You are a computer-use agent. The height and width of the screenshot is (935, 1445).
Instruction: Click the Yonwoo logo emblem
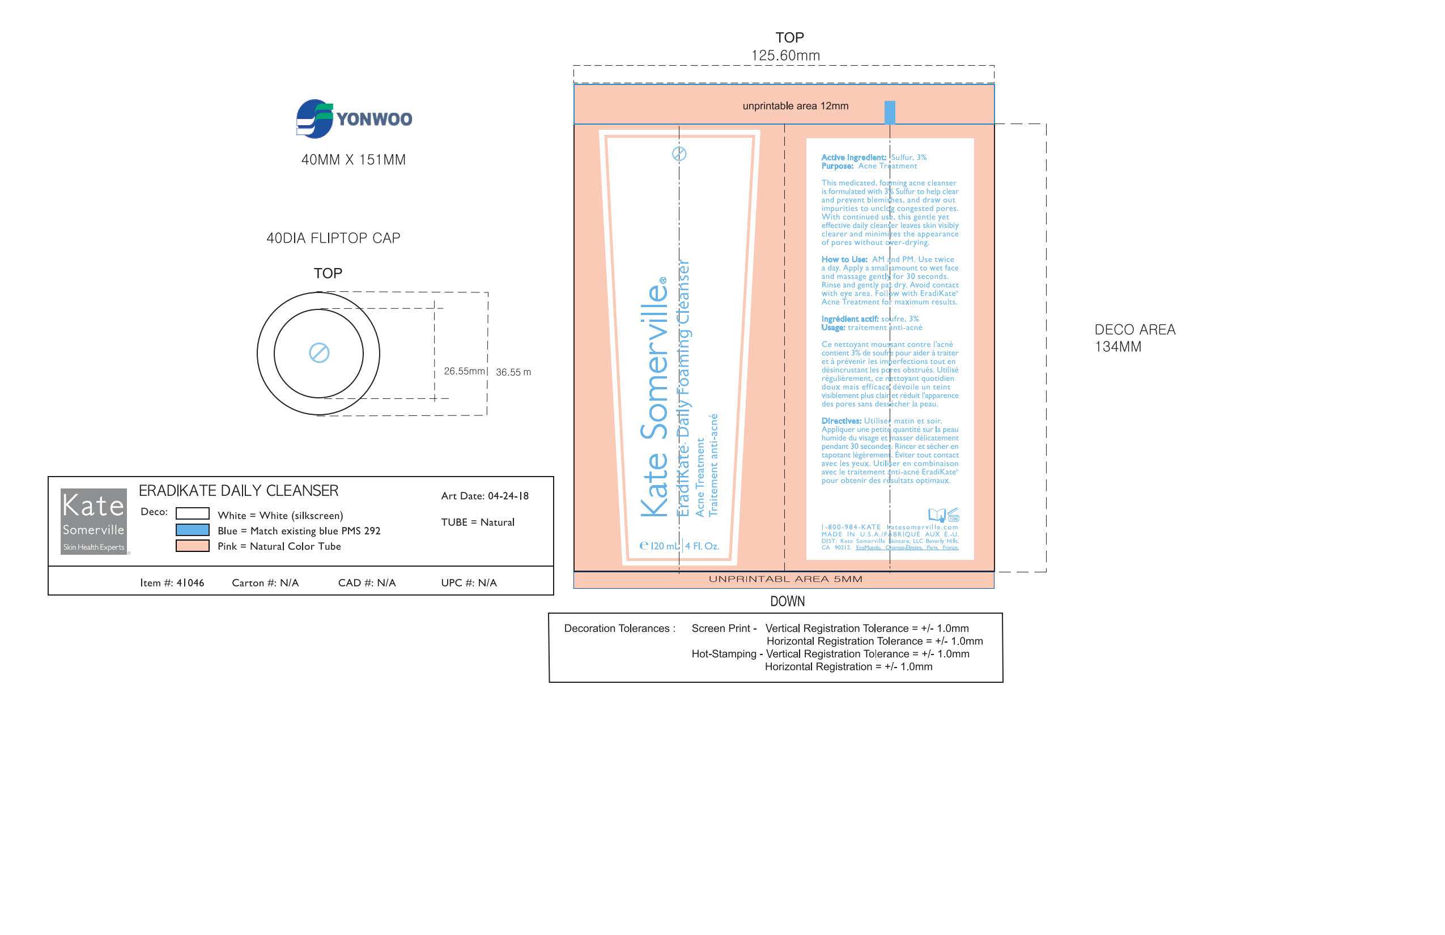[314, 118]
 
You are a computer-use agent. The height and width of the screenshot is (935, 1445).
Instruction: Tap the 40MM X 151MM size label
[354, 160]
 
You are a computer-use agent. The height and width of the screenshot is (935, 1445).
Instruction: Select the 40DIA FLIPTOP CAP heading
[333, 238]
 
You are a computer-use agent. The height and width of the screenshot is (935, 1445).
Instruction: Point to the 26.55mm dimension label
[465, 371]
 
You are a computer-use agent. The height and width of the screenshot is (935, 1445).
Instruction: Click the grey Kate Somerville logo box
[93, 521]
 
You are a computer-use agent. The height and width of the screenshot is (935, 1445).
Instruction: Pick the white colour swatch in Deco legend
[193, 513]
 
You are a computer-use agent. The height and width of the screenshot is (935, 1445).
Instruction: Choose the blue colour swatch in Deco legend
[193, 530]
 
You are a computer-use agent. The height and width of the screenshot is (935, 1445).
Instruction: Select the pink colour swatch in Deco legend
[193, 546]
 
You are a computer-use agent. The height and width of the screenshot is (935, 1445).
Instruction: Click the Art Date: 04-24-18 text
[484, 496]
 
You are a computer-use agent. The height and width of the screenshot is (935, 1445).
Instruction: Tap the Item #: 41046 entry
[172, 583]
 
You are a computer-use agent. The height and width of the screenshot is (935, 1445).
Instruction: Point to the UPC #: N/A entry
[469, 583]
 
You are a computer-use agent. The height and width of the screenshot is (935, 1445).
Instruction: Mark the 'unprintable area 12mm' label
[796, 105]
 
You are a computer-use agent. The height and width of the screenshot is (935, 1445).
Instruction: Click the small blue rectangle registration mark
[890, 112]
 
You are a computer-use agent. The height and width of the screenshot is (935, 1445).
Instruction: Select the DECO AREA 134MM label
[1134, 338]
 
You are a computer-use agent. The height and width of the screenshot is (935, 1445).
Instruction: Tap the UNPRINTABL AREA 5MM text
[785, 579]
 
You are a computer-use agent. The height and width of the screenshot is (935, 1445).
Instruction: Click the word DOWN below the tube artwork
[788, 601]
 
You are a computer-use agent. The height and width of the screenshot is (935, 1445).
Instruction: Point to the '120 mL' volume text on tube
[664, 546]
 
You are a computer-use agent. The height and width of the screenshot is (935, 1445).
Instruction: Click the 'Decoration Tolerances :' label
[619, 628]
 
